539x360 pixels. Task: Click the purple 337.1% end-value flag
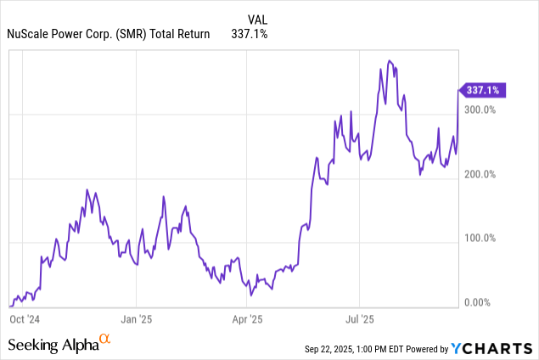(x=485, y=89)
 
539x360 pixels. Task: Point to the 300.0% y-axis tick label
(x=481, y=110)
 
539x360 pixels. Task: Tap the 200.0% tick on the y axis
(x=481, y=174)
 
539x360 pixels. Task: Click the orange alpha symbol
(x=105, y=339)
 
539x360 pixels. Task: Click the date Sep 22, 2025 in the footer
(x=334, y=349)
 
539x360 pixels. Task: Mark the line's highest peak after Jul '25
(x=389, y=61)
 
